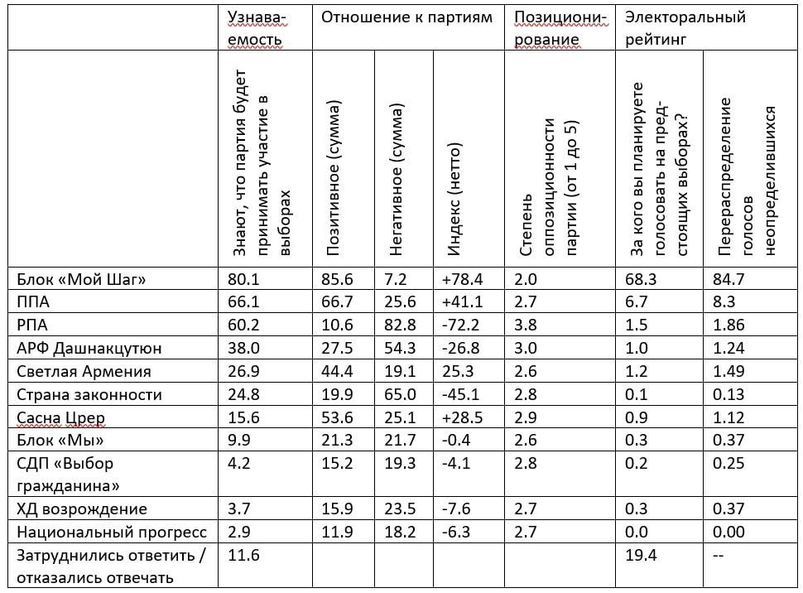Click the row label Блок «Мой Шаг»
(x=81, y=280)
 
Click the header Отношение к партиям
(x=406, y=17)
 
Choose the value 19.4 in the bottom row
(x=641, y=555)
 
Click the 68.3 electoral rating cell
(x=641, y=280)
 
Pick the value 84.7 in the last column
(x=728, y=280)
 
